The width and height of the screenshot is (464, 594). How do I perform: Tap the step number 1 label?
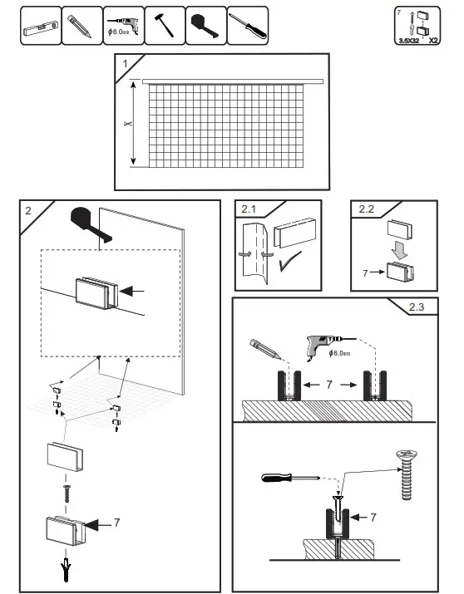tap(125, 63)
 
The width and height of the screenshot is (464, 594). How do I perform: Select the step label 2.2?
tap(367, 209)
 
